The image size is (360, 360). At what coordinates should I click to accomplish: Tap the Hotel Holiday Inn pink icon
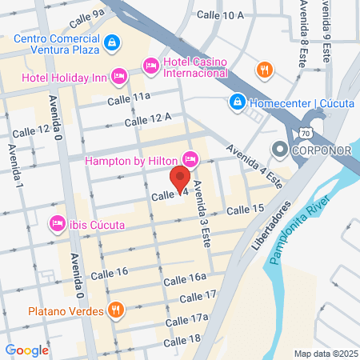[x=119, y=76]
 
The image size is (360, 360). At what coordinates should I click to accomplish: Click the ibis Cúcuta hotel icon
[x=58, y=222]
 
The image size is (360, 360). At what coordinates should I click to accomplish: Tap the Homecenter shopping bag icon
[x=237, y=102]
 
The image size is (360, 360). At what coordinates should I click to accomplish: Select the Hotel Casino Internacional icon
[x=150, y=64]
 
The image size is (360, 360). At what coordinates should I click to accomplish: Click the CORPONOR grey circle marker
[x=279, y=149]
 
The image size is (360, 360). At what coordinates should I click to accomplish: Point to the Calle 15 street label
[x=245, y=209]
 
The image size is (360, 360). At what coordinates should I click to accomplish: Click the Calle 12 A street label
[x=148, y=119]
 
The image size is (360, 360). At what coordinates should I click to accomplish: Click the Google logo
[x=26, y=350]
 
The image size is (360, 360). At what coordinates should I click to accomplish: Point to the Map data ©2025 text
[x=326, y=353]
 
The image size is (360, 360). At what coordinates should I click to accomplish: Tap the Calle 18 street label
[x=183, y=340]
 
